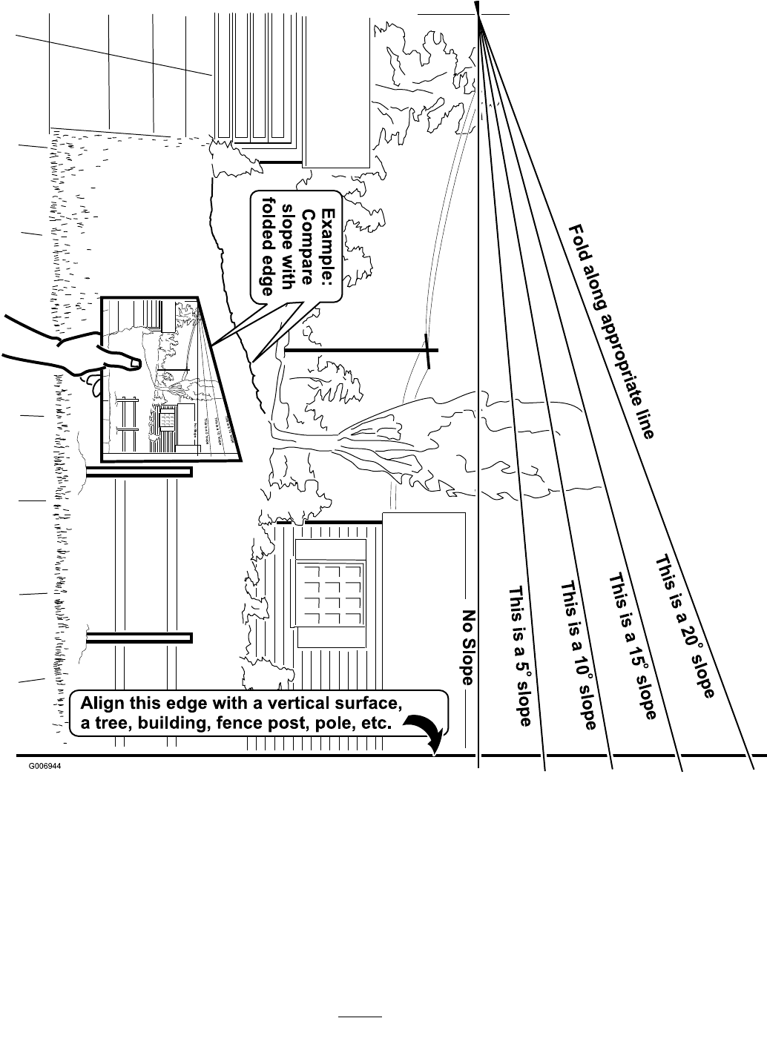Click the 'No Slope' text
pos(469,647)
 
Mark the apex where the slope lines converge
pos(478,14)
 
